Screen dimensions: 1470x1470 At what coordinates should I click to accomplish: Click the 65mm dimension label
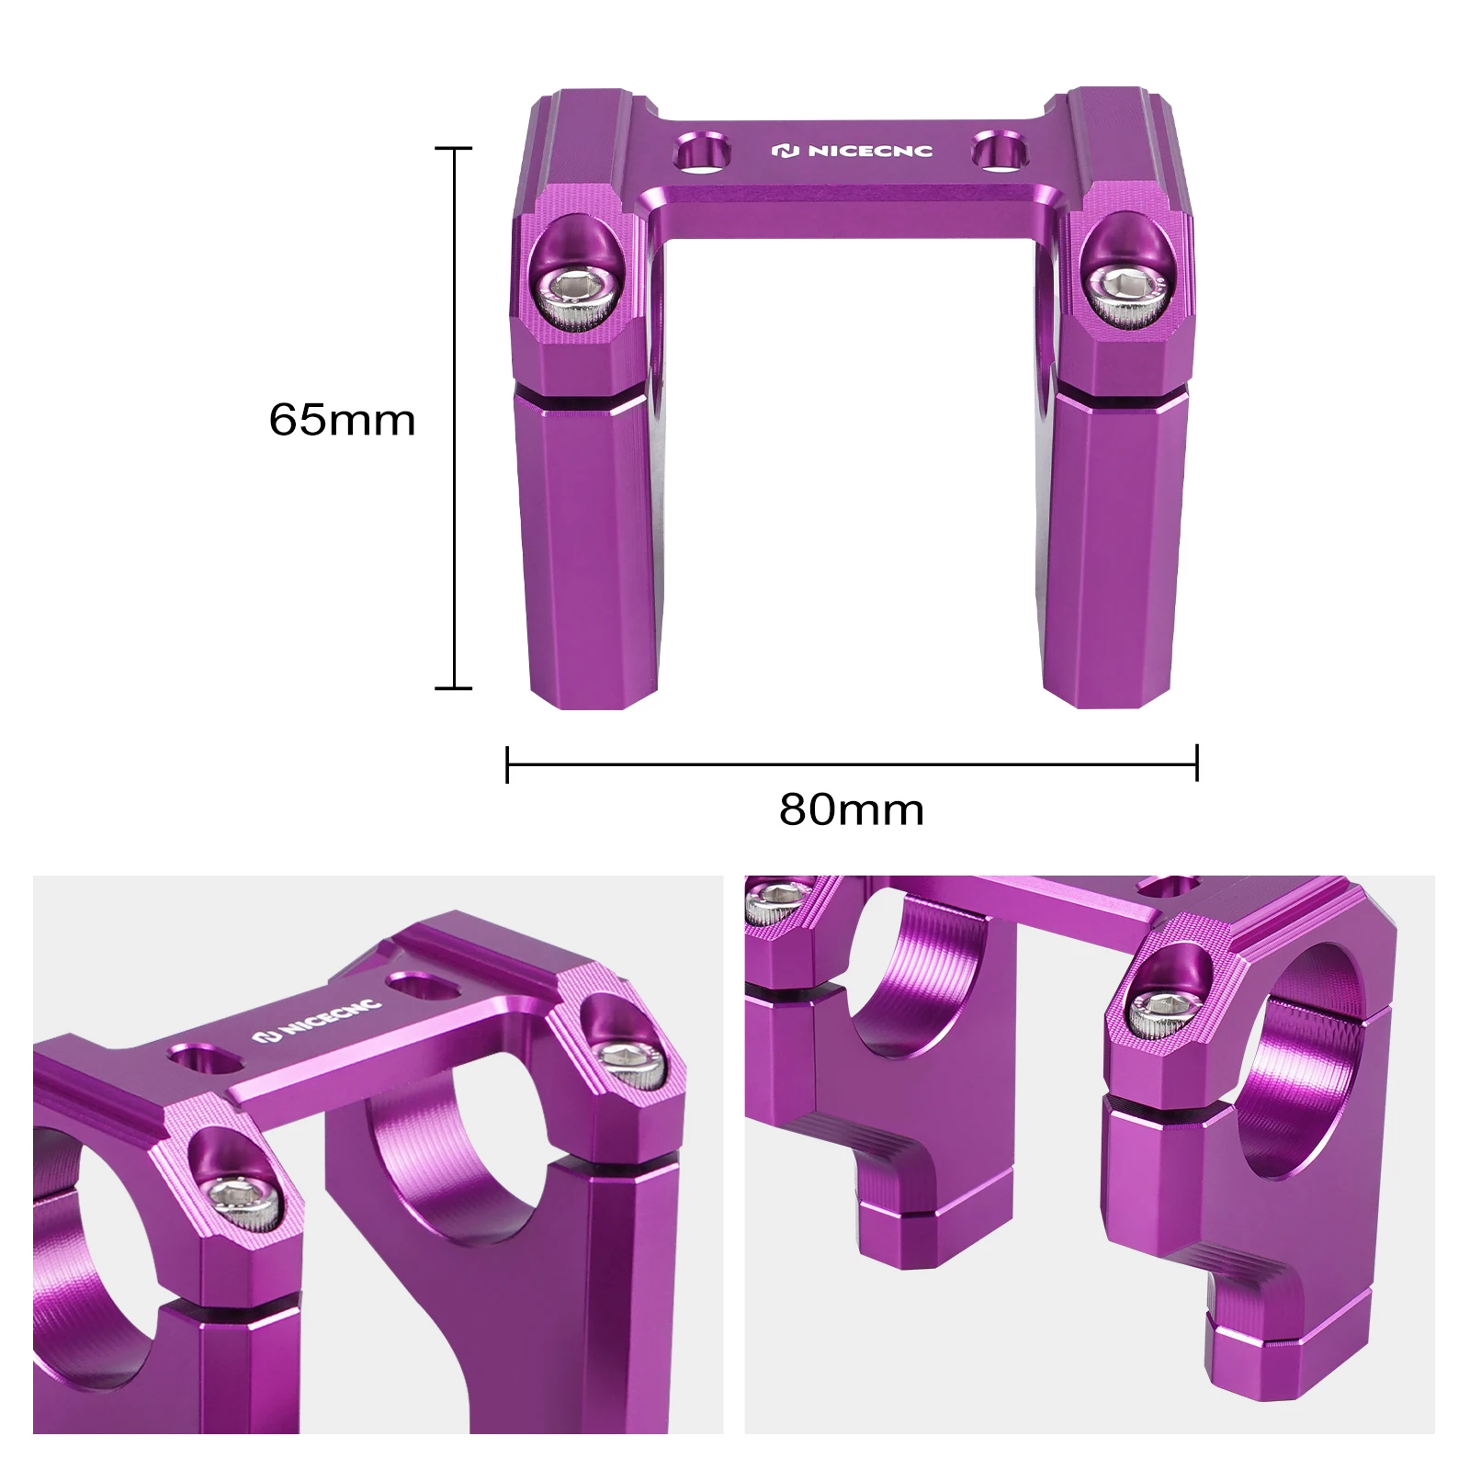342,420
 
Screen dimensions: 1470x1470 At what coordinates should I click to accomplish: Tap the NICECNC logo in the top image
852,151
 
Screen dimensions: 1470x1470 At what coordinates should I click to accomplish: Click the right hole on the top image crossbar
999,150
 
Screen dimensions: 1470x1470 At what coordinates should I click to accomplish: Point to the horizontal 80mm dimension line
851,763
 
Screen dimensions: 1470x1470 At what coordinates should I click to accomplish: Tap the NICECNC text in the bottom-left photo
317,1018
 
